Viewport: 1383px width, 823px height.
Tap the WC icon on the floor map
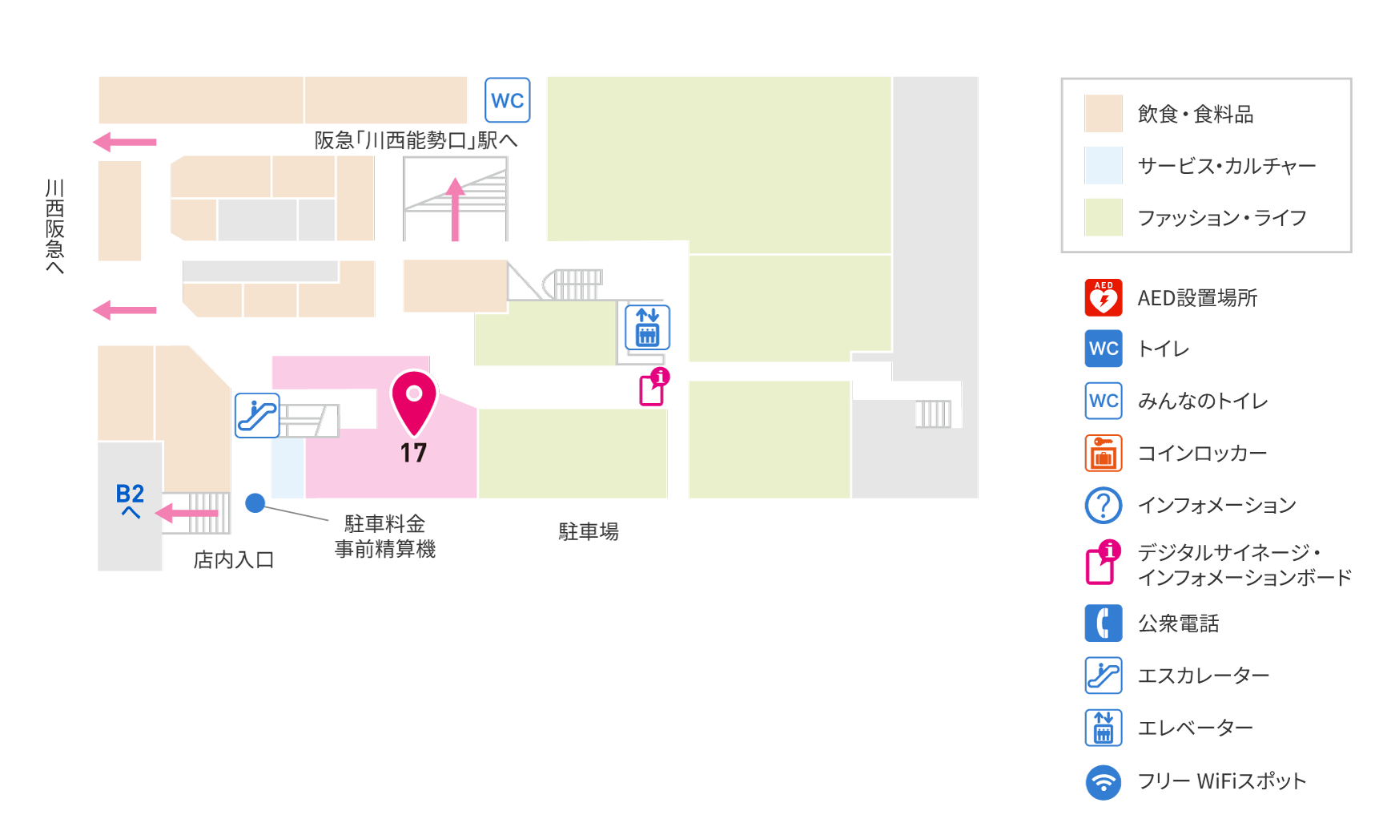508,100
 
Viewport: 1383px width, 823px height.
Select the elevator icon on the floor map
647,327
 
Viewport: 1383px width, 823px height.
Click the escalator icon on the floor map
257,415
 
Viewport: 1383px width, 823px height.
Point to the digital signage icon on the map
653,387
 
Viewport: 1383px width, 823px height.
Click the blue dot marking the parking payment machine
255,502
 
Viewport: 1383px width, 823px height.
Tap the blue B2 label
130,493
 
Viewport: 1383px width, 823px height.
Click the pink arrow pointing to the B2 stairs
186,513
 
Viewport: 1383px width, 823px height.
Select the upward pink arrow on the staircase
455,209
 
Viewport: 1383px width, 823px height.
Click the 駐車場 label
589,531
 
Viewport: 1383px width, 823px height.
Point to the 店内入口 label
234,559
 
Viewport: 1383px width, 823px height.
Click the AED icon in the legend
1104,297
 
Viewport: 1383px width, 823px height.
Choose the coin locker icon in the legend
1104,453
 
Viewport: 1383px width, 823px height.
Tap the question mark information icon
1104,505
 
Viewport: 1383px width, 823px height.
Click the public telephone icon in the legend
1104,623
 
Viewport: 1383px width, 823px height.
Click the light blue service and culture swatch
1104,165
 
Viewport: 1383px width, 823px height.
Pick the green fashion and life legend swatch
1104,217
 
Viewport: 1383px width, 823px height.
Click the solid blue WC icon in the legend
1104,349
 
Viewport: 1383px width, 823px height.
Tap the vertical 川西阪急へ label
54,227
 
